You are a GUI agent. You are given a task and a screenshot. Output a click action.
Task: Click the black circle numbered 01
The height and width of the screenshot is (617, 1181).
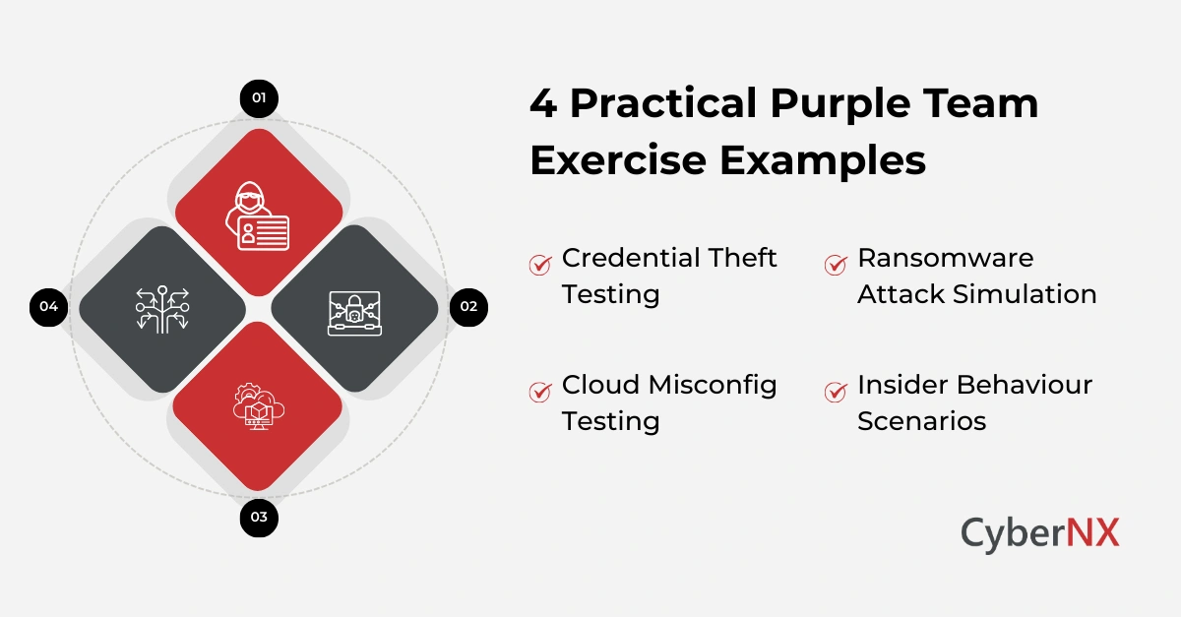tap(259, 97)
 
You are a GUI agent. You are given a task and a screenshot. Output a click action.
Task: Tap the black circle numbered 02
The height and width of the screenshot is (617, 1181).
tap(468, 306)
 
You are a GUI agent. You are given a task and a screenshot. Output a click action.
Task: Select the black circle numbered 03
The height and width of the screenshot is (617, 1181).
tap(259, 517)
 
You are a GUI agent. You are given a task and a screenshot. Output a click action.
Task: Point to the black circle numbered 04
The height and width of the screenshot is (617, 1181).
tap(49, 307)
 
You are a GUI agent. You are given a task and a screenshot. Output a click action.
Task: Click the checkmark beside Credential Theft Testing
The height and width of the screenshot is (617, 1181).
tap(540, 264)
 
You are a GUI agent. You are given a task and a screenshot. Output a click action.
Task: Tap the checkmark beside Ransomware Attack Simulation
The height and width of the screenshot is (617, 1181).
tap(836, 264)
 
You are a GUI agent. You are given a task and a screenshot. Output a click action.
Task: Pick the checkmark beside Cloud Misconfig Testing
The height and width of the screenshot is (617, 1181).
tap(540, 391)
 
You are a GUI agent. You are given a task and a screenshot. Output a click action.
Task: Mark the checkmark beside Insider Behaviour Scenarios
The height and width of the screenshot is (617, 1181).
tap(836, 391)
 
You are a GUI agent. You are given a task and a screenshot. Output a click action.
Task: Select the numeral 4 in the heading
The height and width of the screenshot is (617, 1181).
tap(542, 103)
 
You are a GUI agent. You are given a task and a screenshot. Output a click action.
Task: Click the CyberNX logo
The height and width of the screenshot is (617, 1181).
tap(1039, 534)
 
